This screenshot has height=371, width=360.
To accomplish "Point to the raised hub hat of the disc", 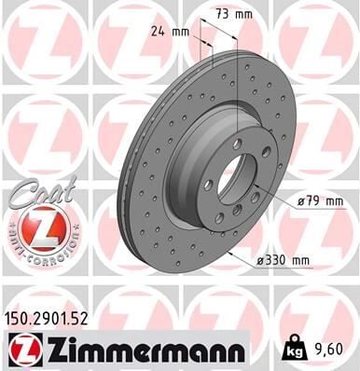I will pyautogui.click(x=210, y=168).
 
